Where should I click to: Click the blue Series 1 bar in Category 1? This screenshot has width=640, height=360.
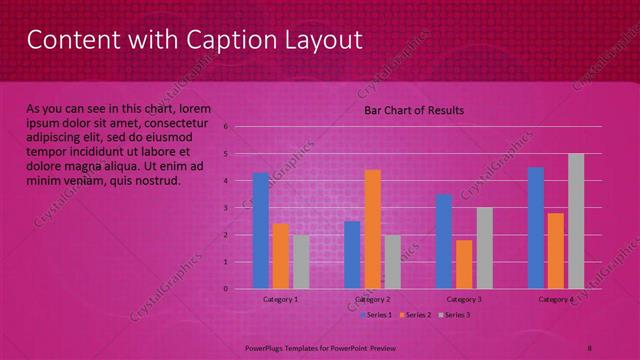[261, 231]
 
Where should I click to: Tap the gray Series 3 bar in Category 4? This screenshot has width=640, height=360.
[576, 221]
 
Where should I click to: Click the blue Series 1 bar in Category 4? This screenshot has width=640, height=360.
[536, 228]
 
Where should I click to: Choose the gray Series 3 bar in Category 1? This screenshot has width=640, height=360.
[301, 262]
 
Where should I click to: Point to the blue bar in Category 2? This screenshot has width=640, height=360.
[352, 255]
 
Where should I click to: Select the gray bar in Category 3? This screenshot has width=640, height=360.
[484, 248]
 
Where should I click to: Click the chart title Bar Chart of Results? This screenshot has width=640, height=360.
[413, 110]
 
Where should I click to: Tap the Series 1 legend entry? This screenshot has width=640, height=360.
[377, 315]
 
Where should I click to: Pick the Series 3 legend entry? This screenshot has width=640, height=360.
[457, 315]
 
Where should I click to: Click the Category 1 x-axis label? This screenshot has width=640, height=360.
[281, 299]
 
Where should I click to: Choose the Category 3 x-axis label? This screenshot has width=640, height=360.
[464, 299]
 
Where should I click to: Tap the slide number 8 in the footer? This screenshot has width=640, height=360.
[590, 346]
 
